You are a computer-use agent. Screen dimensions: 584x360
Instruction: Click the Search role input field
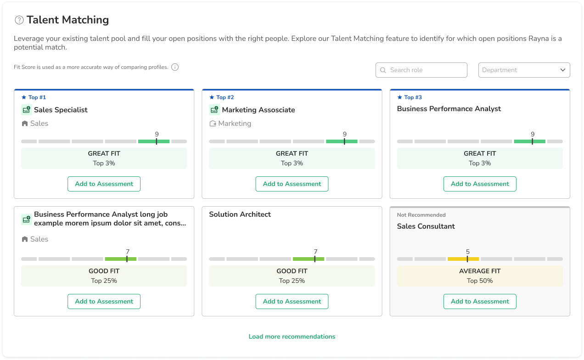click(x=421, y=70)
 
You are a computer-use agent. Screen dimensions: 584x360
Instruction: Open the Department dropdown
click(x=524, y=70)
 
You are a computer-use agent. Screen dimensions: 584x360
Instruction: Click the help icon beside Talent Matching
click(x=19, y=20)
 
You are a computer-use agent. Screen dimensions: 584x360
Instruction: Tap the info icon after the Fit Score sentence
click(x=175, y=67)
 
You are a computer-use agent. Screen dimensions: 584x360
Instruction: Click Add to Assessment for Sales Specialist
click(x=104, y=184)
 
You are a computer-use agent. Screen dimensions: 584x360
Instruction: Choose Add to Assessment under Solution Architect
click(x=292, y=301)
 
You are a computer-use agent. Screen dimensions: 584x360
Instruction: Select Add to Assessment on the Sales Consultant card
click(x=480, y=301)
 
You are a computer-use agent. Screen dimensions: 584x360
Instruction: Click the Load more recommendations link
click(x=292, y=337)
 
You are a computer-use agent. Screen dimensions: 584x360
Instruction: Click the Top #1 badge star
click(x=24, y=97)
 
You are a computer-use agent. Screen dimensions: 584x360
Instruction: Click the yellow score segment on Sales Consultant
click(x=463, y=259)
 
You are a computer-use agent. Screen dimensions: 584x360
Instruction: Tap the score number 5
click(x=468, y=252)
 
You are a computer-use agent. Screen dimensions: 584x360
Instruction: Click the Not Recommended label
click(x=421, y=215)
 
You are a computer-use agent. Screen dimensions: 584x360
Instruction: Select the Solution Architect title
click(x=240, y=214)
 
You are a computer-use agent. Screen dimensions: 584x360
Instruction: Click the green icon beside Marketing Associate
click(x=214, y=110)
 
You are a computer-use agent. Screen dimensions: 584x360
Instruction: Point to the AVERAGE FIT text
click(x=480, y=271)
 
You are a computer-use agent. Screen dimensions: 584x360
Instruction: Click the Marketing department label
click(x=235, y=124)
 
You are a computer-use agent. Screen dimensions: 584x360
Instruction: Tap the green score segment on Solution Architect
click(x=309, y=259)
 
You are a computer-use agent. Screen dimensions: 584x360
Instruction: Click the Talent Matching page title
click(x=67, y=20)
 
